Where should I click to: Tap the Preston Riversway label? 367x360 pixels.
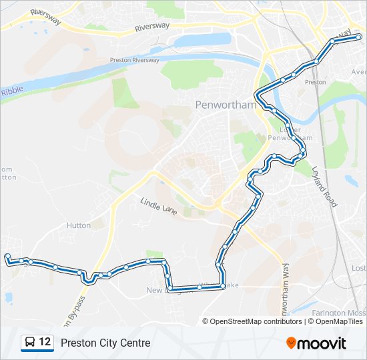coord(135,60)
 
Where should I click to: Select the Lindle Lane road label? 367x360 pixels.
coord(159,205)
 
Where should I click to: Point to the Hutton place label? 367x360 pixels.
coord(79,225)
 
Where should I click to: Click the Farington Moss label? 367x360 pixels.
coord(337,312)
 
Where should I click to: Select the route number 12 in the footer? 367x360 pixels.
coord(45,342)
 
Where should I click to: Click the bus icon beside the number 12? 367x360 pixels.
coord(30,343)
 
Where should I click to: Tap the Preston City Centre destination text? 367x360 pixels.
coord(105,343)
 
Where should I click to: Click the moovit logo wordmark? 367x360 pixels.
coord(322,343)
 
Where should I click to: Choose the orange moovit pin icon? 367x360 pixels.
coord(291,343)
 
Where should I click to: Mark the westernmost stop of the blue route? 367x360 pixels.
coord(7,257)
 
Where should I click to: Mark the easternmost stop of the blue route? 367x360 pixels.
coord(358,37)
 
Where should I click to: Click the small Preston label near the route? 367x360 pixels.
coord(315,82)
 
